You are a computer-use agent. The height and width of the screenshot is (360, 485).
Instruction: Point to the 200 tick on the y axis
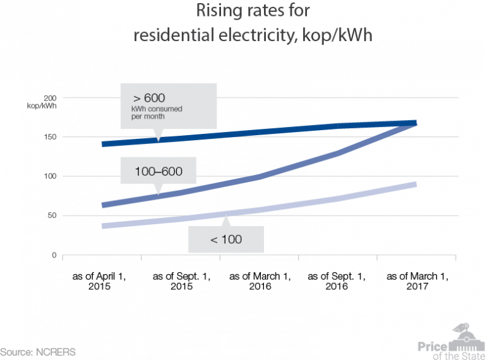[50, 98]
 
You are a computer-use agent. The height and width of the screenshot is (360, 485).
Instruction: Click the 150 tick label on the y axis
[50, 137]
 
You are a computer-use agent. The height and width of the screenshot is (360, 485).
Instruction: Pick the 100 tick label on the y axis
[50, 176]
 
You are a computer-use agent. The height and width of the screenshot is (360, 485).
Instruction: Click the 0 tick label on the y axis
[54, 255]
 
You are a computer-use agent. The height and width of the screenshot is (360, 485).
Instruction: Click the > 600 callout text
[148, 98]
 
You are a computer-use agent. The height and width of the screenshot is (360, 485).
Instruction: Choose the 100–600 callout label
[157, 171]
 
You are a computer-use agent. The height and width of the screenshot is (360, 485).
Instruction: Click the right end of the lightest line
[416, 184]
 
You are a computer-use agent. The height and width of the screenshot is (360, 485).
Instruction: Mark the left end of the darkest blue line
[102, 144]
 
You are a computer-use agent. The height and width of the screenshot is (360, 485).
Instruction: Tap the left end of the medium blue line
[102, 205]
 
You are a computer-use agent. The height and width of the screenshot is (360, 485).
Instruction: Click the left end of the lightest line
[102, 225]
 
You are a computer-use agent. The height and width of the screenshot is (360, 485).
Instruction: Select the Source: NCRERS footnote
[37, 352]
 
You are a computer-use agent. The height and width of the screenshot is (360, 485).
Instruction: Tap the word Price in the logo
[432, 345]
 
